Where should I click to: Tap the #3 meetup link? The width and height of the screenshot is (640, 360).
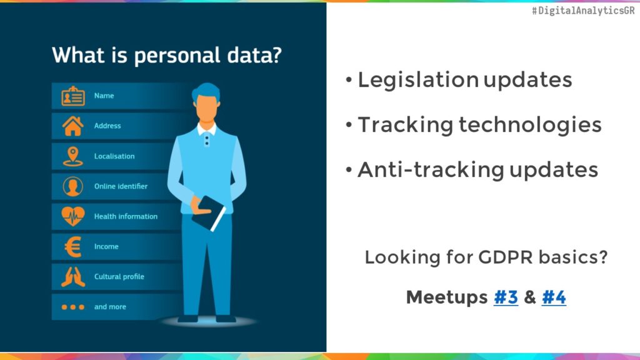(x=506, y=297)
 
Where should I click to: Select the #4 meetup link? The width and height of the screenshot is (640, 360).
(x=554, y=297)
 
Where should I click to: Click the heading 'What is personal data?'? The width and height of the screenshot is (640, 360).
(x=166, y=55)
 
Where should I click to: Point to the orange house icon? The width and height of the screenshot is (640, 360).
(x=73, y=126)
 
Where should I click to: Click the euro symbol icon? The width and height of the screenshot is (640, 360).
(x=73, y=247)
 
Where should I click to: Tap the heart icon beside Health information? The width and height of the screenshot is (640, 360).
(x=73, y=216)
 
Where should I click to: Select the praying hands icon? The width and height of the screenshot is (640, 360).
(x=73, y=276)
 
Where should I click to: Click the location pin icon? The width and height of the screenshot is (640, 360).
(x=73, y=156)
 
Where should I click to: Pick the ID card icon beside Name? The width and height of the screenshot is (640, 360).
(x=73, y=96)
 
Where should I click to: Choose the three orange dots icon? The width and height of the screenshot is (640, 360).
(x=73, y=307)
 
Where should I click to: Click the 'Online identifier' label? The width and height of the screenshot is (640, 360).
(x=121, y=186)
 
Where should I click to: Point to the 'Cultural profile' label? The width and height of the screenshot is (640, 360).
(x=119, y=276)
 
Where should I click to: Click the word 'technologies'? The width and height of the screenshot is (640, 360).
(x=530, y=125)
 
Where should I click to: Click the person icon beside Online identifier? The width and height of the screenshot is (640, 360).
(x=73, y=186)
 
